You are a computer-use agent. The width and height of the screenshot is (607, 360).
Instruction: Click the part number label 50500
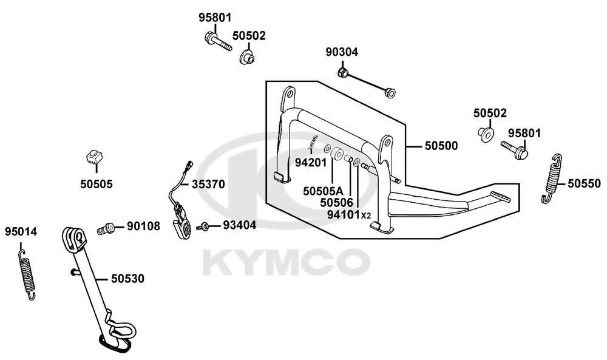tap(441, 146)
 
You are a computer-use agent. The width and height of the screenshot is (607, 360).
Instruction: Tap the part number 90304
tap(342, 52)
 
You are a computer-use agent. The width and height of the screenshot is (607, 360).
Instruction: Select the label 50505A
tap(323, 191)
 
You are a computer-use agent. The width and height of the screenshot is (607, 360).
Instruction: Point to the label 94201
tap(311, 163)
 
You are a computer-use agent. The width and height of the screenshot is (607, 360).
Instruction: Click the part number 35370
tap(208, 185)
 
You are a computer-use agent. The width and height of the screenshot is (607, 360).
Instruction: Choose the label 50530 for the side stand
tap(127, 279)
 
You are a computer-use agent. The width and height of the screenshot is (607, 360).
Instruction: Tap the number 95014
tap(21, 232)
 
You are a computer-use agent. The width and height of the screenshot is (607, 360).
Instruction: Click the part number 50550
tap(584, 183)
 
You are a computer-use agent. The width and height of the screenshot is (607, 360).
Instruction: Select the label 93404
tap(240, 225)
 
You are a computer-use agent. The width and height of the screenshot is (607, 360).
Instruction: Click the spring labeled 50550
tap(551, 178)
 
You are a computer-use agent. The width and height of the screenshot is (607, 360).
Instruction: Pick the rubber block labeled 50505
tap(93, 156)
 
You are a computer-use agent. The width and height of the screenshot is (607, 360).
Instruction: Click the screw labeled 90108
tap(105, 228)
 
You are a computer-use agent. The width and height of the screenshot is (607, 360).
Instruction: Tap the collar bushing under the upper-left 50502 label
tap(246, 58)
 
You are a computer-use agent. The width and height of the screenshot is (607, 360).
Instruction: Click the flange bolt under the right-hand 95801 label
tap(515, 150)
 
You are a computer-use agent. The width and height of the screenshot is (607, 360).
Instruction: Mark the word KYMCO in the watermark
tap(286, 262)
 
